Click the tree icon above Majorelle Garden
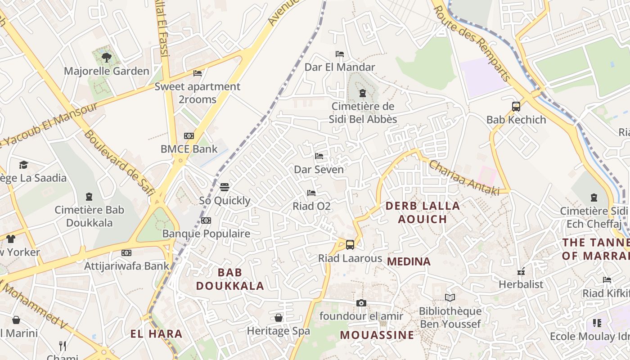(107, 57)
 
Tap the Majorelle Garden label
(106, 71)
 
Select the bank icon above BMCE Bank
(189, 135)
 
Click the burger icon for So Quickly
(225, 187)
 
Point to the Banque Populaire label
(206, 234)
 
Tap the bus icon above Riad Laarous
(350, 245)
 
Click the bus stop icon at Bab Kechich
(516, 107)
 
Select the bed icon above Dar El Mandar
(340, 54)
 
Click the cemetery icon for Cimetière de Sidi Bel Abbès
(362, 94)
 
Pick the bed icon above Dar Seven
(319, 156)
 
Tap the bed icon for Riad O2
(311, 193)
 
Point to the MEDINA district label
(409, 261)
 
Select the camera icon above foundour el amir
(361, 303)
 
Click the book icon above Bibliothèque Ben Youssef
(450, 297)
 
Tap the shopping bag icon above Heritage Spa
(279, 318)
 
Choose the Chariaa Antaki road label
(464, 178)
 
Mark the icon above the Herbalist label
(521, 271)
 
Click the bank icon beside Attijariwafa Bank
(126, 253)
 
